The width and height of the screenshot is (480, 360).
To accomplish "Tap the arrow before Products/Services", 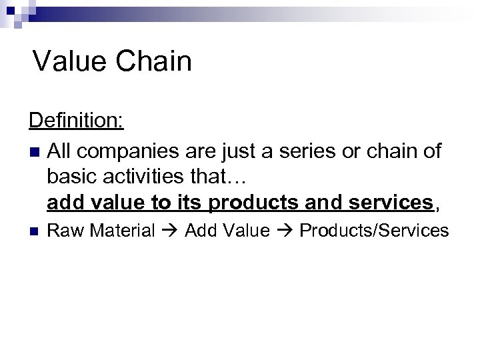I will coord(285,231).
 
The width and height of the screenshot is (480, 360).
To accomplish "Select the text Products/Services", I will coord(374,231).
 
